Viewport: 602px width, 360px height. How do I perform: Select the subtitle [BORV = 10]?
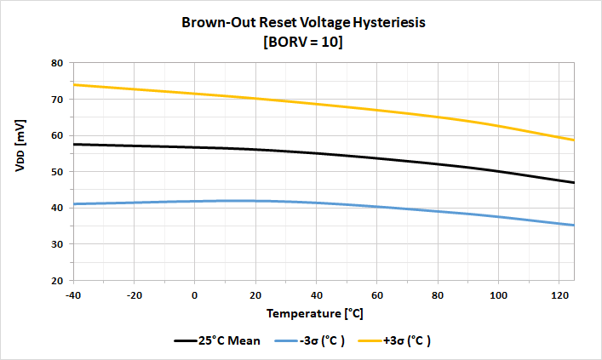[304, 42]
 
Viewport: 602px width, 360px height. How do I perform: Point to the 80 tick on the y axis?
[58, 63]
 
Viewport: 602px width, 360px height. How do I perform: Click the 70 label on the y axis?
[58, 100]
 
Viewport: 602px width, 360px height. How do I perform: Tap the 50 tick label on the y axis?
[58, 172]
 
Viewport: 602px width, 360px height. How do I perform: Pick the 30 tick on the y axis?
[58, 244]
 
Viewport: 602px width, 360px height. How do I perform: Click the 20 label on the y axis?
[58, 280]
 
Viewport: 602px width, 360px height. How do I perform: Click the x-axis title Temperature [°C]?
[314, 313]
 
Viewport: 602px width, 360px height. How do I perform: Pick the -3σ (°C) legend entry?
[312, 340]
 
